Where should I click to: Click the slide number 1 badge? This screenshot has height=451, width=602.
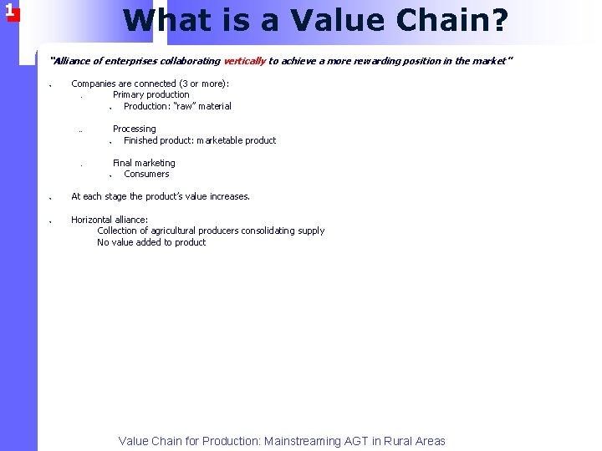point(9,11)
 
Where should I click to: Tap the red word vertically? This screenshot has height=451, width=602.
point(244,61)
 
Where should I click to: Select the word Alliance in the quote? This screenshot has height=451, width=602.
point(69,61)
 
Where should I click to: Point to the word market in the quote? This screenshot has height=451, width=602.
point(488,61)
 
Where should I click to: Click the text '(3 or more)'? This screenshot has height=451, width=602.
point(203,84)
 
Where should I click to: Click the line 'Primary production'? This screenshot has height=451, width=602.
point(150,95)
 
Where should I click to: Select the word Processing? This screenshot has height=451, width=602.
point(134,129)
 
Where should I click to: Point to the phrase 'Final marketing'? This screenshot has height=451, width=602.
point(144,164)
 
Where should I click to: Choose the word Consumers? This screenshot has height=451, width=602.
point(146,175)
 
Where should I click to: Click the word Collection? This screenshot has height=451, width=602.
point(119,231)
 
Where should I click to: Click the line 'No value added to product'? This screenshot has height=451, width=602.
point(151,243)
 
